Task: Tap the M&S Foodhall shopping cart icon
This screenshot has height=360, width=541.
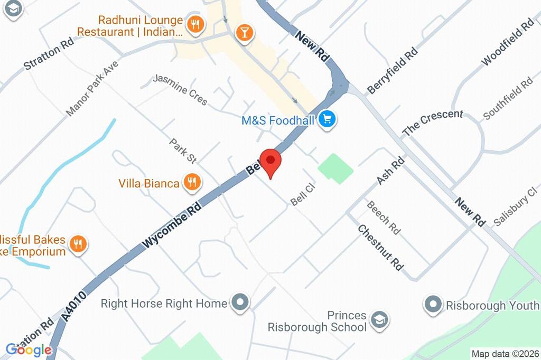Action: coord(328,120)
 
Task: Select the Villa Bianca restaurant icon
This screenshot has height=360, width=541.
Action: coord(191,183)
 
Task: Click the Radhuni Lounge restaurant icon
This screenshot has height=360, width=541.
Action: coord(195,24)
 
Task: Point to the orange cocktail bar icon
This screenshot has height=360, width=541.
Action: coord(244,32)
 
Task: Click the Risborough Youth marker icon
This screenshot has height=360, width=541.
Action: coord(433,305)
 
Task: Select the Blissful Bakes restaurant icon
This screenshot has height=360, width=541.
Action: coord(79,244)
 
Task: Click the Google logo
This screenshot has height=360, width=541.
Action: coord(29,349)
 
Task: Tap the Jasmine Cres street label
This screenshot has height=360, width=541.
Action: coord(180,89)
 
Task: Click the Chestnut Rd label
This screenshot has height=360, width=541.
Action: coord(380,248)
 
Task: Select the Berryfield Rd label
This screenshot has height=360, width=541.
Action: coord(393,71)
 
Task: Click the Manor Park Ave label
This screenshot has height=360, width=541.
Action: coord(92,88)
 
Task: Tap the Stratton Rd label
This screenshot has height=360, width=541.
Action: coord(48,54)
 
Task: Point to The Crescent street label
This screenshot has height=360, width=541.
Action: coord(433,122)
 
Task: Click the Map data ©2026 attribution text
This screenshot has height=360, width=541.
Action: coord(505,354)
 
